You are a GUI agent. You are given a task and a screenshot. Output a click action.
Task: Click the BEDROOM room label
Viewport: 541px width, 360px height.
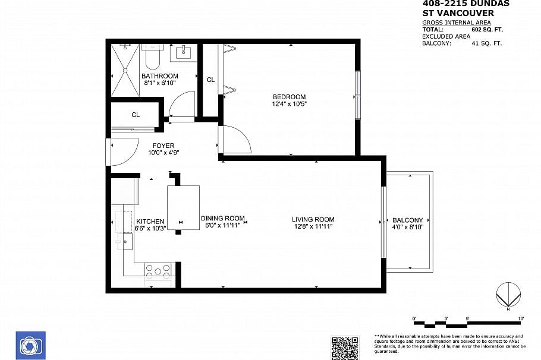click(x=289, y=97)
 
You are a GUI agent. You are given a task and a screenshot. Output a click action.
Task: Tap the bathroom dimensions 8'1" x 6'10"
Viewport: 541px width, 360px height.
click(x=159, y=83)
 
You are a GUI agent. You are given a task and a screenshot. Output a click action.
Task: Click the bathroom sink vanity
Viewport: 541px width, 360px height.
click(x=183, y=52)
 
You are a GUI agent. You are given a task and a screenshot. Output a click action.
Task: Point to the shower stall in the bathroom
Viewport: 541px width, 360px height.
click(x=125, y=70)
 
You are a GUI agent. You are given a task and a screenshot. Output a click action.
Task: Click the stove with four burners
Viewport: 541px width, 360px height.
click(x=158, y=270)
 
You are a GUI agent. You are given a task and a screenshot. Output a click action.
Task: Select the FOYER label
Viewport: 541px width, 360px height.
click(x=163, y=145)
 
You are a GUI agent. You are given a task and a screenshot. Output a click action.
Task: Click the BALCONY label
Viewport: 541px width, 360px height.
click(x=408, y=220)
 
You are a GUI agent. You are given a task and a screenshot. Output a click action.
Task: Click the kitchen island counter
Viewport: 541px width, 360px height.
click(x=183, y=207)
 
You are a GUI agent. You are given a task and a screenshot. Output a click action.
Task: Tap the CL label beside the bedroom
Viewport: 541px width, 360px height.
click(x=210, y=80)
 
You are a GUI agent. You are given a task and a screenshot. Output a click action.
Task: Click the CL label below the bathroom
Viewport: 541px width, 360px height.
click(x=136, y=115)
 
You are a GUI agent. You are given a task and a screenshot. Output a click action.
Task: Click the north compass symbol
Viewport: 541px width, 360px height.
click(x=509, y=295)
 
